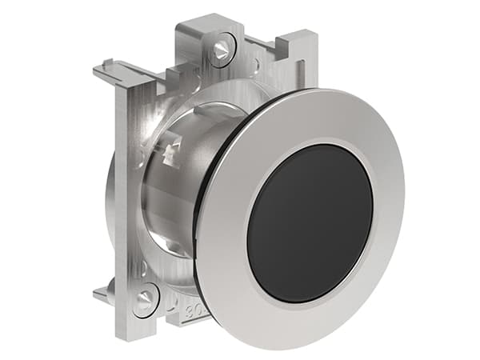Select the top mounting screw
pyautogui.click(x=219, y=50)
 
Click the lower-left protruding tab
pyautogui.click(x=102, y=294)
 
